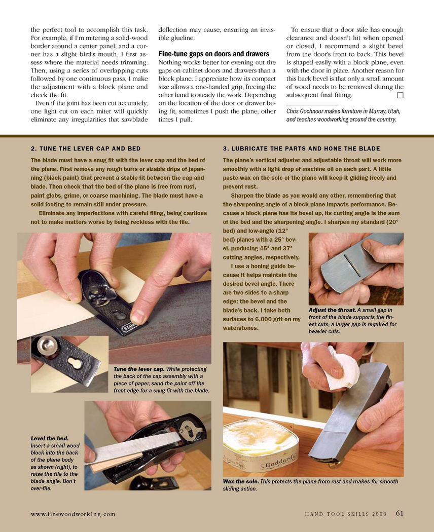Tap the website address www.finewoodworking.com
click(x=73, y=514)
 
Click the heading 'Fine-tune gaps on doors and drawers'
click(x=213, y=54)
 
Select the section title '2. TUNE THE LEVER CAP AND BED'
click(x=86, y=148)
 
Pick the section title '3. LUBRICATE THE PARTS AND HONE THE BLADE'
click(x=302, y=148)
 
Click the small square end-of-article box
click(x=400, y=95)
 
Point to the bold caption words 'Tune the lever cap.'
click(x=139, y=369)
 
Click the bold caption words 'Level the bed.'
click(x=50, y=438)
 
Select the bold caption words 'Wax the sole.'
click(x=241, y=481)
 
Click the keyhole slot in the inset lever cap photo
click(x=75, y=363)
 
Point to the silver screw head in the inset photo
click(x=47, y=346)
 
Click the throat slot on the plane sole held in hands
click(x=352, y=265)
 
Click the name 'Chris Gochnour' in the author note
click(x=303, y=111)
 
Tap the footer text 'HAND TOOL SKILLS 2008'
click(x=346, y=514)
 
